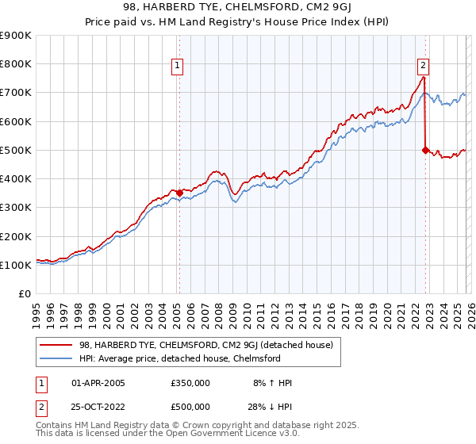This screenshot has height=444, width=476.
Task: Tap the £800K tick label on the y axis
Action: click(x=16, y=64)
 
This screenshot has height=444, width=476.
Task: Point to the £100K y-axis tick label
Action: click(x=16, y=265)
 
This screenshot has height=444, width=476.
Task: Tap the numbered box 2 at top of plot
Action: click(x=424, y=66)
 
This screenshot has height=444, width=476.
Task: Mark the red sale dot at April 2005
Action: click(x=179, y=193)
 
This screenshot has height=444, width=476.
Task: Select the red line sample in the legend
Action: click(x=56, y=345)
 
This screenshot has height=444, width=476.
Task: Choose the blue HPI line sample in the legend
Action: click(x=56, y=358)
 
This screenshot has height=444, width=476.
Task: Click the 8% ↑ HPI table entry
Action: click(x=271, y=383)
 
